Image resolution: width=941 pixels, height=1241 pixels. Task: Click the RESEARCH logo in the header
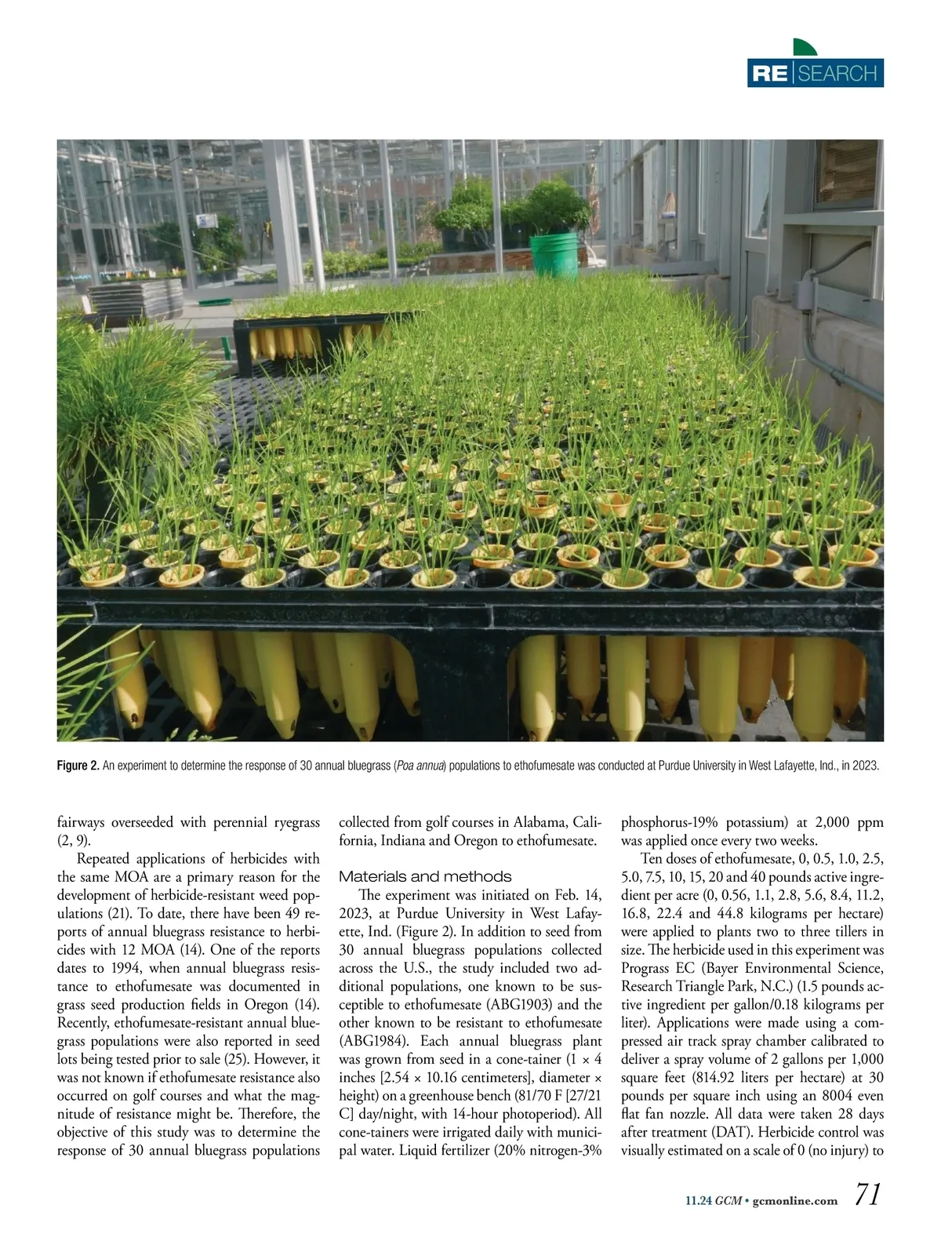[816, 73]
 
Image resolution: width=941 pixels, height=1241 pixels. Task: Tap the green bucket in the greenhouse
[554, 255]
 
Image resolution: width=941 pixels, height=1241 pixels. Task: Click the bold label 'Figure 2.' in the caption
[78, 766]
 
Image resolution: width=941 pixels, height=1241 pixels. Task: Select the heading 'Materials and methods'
[425, 876]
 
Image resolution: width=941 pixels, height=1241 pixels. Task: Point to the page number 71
[868, 1195]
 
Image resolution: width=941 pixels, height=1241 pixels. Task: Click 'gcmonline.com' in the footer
[794, 1200]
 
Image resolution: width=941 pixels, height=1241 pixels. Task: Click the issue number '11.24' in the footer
[697, 1200]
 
